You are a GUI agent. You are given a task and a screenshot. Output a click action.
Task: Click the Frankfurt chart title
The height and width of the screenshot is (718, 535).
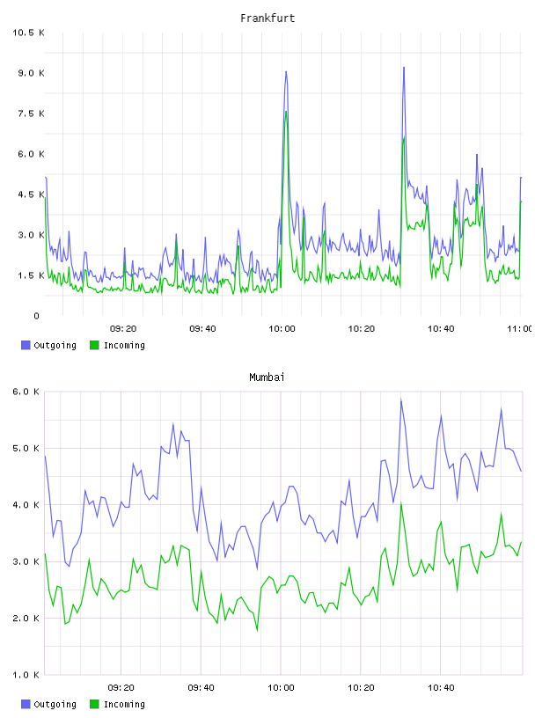(267, 18)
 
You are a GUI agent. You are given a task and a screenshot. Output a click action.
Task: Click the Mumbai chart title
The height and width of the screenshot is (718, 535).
(267, 377)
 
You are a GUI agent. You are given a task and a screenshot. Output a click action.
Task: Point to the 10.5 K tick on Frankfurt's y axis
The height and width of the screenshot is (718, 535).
(28, 33)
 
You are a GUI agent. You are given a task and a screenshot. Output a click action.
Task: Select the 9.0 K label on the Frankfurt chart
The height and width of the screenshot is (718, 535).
(31, 73)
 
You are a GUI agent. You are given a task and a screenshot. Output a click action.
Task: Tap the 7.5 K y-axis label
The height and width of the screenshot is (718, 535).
(31, 114)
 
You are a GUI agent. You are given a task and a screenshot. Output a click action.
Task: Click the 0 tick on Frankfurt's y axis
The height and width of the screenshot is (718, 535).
(36, 316)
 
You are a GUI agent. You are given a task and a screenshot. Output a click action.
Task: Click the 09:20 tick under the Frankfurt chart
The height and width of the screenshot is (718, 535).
(123, 329)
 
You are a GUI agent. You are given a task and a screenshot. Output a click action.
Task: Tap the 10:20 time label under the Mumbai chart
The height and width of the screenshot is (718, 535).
(361, 688)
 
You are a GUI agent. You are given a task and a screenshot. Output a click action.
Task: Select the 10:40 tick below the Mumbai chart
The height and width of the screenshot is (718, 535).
(441, 688)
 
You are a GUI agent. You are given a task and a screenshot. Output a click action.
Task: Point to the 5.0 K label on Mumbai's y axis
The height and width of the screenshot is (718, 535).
(26, 448)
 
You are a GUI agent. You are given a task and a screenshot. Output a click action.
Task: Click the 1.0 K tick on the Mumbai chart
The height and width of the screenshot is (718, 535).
(26, 675)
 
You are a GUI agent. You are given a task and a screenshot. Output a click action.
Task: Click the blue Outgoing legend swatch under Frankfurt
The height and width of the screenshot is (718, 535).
(26, 345)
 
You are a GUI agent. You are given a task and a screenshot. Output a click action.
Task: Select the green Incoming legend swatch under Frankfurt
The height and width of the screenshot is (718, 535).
(94, 345)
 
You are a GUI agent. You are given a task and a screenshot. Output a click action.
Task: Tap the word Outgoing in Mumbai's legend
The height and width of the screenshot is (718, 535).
(55, 704)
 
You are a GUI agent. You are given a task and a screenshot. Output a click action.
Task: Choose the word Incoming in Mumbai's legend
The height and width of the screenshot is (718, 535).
(124, 704)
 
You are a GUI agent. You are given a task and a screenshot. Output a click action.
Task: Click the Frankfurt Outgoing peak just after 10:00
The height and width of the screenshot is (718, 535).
(286, 72)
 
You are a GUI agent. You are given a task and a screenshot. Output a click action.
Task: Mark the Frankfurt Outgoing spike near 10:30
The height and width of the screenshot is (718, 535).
(404, 68)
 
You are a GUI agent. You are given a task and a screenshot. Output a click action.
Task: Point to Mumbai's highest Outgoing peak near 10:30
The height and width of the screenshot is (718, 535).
(401, 399)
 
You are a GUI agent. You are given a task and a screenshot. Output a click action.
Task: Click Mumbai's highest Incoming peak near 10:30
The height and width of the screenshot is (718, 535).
(401, 503)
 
